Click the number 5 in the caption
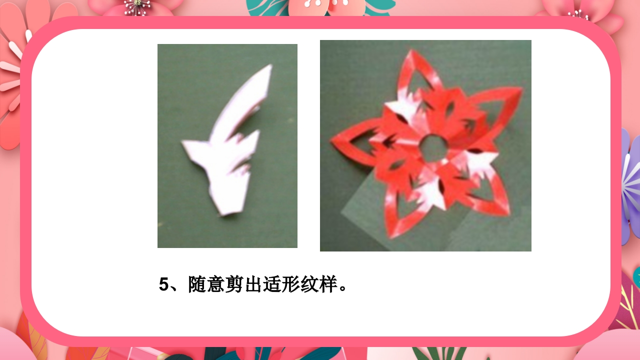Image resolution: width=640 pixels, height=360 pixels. (164, 284)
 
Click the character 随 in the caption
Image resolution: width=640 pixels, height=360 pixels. (197, 284)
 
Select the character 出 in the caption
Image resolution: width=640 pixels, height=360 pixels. (254, 284)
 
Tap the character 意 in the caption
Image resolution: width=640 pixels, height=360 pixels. (216, 284)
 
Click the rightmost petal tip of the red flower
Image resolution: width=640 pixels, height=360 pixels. (522, 88)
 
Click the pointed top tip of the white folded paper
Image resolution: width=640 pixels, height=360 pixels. (270, 65)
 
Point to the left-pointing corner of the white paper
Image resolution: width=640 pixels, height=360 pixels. (183, 143)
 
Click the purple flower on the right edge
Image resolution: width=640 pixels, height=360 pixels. (631, 185)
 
